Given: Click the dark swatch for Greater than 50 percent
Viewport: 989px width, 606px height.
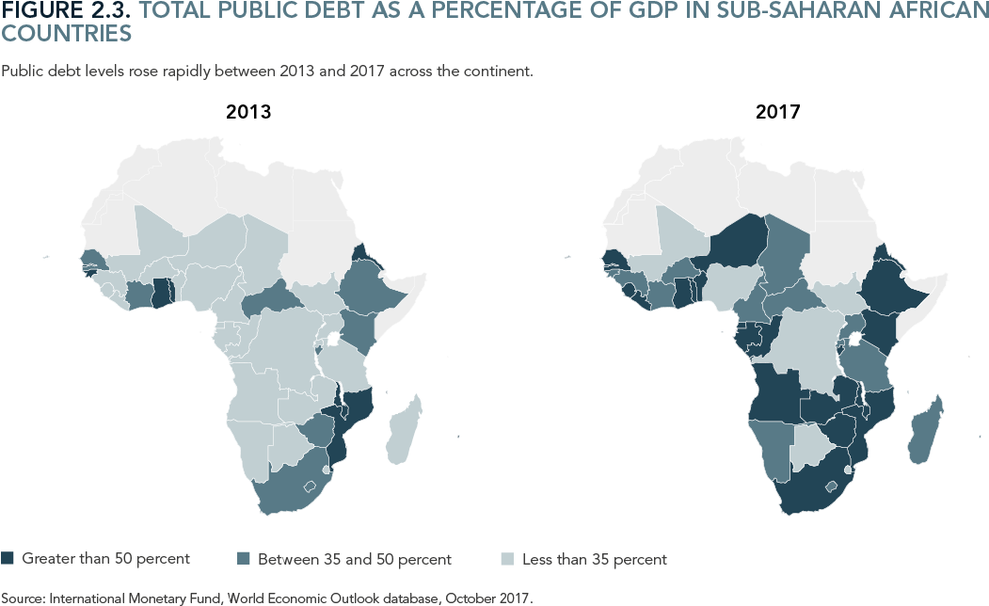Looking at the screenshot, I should click(x=9, y=559).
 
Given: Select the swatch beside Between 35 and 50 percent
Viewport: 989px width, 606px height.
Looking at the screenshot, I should click(x=245, y=559).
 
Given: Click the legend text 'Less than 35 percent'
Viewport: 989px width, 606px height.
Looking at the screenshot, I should click(x=594, y=559).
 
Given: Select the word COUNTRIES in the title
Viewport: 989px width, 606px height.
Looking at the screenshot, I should click(x=66, y=34).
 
